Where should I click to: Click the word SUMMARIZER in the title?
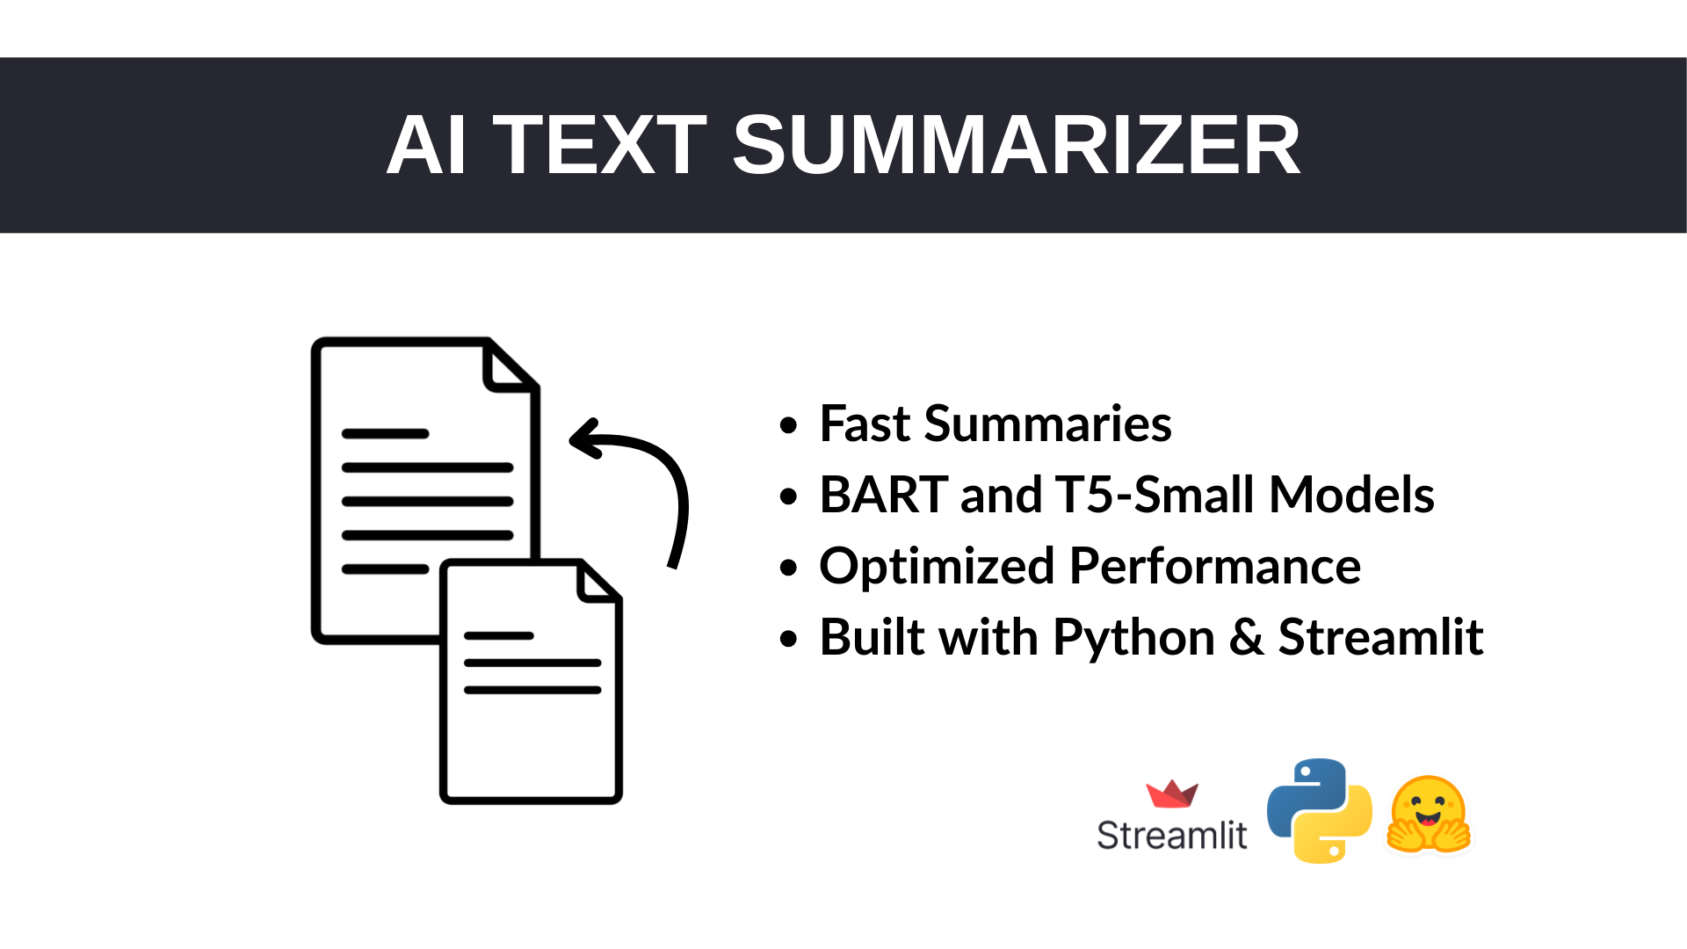click(x=1016, y=145)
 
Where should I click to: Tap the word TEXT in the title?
click(x=600, y=145)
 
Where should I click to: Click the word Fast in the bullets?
click(x=865, y=424)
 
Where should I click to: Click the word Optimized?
click(x=937, y=566)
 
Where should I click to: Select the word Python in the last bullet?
click(x=1133, y=638)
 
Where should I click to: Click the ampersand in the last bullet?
click(x=1246, y=637)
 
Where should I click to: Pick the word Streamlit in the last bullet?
click(x=1380, y=637)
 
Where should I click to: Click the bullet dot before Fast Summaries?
click(x=788, y=425)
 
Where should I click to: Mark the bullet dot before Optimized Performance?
click(x=788, y=568)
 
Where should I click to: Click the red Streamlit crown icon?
click(x=1172, y=793)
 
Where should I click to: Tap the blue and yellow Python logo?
click(x=1319, y=810)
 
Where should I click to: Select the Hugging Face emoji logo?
click(x=1429, y=815)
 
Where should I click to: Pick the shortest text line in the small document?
click(x=498, y=635)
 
